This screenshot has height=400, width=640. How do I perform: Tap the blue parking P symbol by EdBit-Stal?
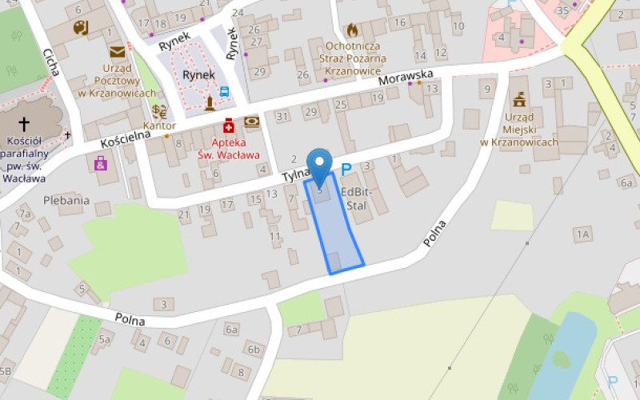(346, 169)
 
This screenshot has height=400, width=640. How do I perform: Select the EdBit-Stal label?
(357, 198)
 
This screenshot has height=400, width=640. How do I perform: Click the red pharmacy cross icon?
(229, 126)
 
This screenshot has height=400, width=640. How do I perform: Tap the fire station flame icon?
(352, 30)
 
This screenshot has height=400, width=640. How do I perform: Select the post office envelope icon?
(118, 53)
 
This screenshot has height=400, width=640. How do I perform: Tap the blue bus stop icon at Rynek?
(225, 92)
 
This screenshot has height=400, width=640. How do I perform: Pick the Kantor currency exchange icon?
(160, 111)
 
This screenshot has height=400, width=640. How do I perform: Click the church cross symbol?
(24, 124)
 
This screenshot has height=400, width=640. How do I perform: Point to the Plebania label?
(66, 200)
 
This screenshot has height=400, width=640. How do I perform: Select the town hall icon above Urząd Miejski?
(519, 99)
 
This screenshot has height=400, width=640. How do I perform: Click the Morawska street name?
(406, 78)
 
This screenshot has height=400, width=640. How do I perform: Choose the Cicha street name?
(52, 62)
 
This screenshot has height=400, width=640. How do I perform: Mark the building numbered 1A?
(582, 234)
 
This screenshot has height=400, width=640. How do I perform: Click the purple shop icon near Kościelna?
(101, 163)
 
